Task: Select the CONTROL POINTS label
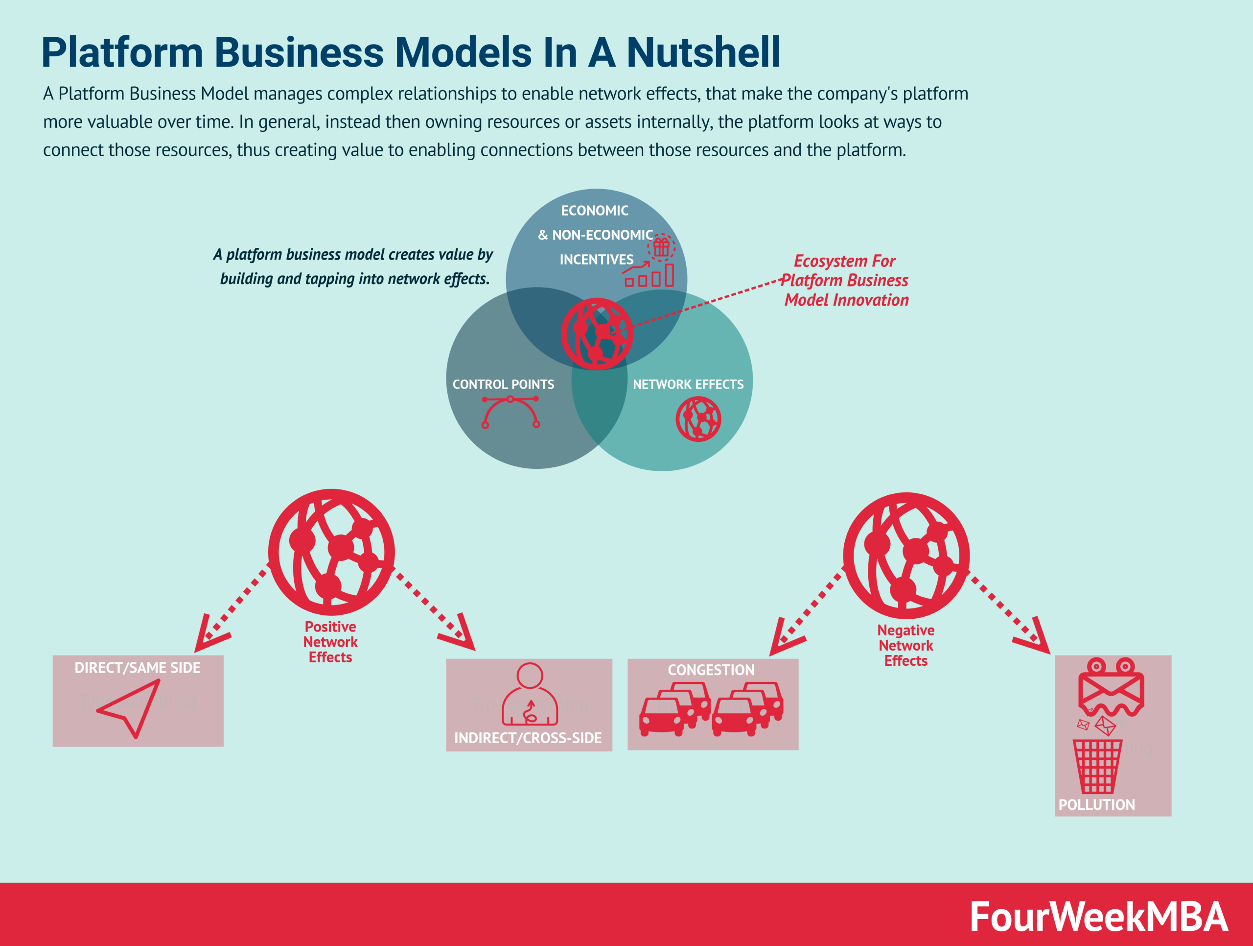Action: click(503, 384)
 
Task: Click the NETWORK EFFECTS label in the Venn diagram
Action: click(688, 384)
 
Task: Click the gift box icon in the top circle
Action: click(661, 247)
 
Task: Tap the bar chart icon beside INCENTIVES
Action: click(650, 275)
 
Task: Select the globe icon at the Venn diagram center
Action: click(597, 334)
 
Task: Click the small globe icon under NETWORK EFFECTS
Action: click(698, 419)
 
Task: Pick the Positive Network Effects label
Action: click(330, 642)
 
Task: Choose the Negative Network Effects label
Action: click(906, 645)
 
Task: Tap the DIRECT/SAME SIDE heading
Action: click(138, 668)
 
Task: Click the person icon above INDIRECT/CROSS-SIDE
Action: click(530, 694)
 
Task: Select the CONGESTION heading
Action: click(711, 670)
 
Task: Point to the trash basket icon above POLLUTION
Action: click(1097, 766)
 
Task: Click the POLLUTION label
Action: click(1097, 804)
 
